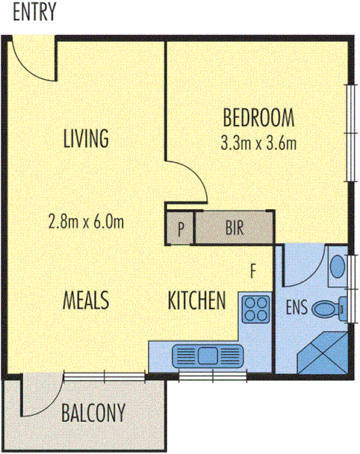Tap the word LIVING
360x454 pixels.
click(x=85, y=139)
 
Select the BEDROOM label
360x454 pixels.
click(x=259, y=118)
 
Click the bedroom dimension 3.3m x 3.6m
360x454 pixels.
click(x=259, y=142)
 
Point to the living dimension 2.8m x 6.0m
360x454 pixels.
click(x=85, y=223)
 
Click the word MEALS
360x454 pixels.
click(x=85, y=300)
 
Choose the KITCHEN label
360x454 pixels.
click(x=197, y=300)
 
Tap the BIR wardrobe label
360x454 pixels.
click(x=235, y=228)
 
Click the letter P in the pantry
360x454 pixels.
click(x=180, y=228)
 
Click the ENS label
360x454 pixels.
click(x=297, y=309)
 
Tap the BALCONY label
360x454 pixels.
click(x=92, y=413)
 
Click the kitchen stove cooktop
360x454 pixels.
click(x=256, y=310)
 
